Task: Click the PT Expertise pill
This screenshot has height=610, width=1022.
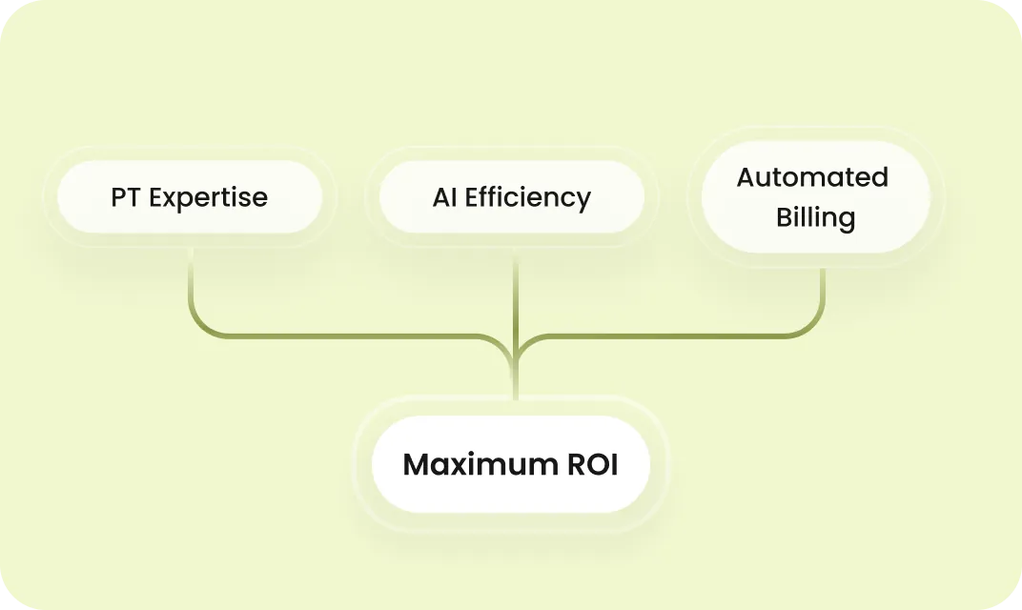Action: tap(189, 198)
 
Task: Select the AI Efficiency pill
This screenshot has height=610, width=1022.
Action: tap(512, 198)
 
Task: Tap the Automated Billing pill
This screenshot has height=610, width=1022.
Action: tap(815, 197)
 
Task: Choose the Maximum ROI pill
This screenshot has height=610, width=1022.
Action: tap(511, 465)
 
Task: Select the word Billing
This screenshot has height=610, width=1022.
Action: tap(815, 218)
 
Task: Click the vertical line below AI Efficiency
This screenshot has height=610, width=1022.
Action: tap(516, 295)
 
